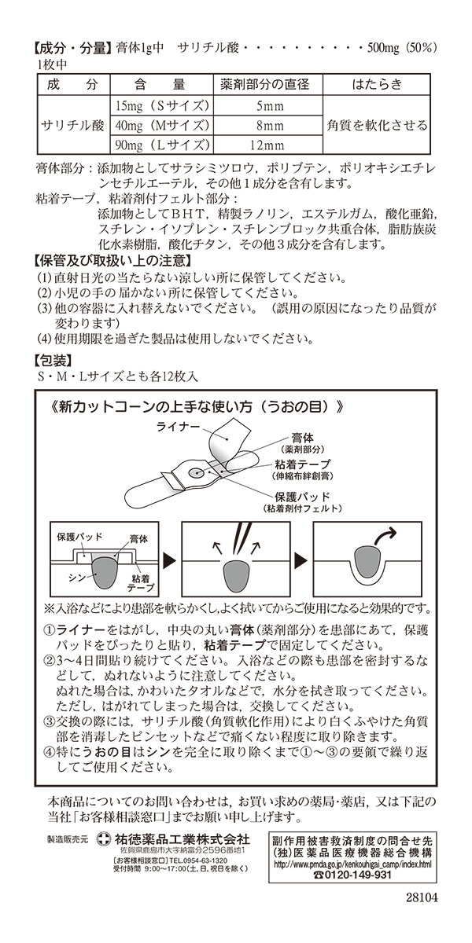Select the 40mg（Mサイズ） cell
159,126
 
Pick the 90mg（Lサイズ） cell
159,145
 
